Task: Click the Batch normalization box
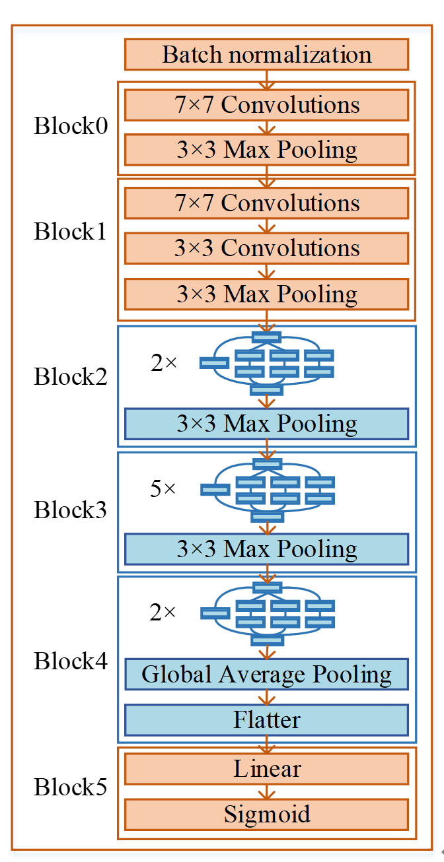click(266, 54)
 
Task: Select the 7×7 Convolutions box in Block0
click(266, 105)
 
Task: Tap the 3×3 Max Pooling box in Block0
click(266, 150)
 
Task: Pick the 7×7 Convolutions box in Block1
click(266, 203)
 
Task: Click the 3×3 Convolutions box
click(266, 248)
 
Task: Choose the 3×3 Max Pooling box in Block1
click(266, 294)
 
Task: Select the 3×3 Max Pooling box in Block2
click(266, 423)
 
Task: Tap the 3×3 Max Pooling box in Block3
click(266, 548)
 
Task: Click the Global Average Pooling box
click(266, 674)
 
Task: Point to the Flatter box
click(266, 719)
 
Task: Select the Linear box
click(266, 769)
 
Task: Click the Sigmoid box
click(266, 814)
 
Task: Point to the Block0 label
click(70, 126)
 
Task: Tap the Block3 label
click(70, 510)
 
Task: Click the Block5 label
click(70, 787)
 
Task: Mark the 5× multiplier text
click(163, 489)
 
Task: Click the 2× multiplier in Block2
click(163, 362)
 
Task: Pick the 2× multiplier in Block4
click(163, 613)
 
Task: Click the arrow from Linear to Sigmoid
click(267, 791)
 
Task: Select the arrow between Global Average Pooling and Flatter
click(267, 697)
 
